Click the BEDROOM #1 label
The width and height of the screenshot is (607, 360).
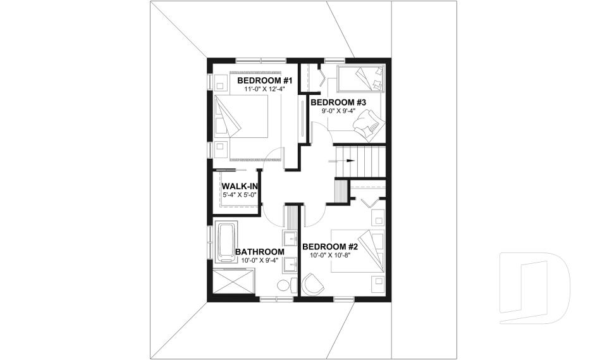click(x=264, y=81)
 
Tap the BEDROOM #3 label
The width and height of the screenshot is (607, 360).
click(x=338, y=102)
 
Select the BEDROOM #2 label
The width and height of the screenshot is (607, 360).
click(x=330, y=247)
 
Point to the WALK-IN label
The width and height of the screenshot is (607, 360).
click(x=238, y=187)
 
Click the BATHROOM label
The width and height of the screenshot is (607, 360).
click(x=260, y=251)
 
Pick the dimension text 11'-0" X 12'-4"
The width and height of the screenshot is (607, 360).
click(x=264, y=90)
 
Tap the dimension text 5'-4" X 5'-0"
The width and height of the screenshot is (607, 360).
click(x=238, y=196)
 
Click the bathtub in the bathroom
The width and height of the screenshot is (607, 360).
click(x=226, y=242)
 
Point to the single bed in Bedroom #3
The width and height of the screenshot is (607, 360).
click(x=360, y=78)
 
